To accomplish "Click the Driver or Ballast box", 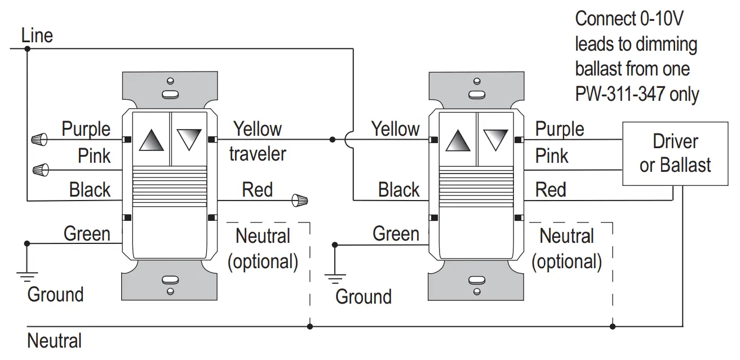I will pos(675,153).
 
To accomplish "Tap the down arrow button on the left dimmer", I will pos(188,138).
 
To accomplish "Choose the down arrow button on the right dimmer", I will pos(496,138).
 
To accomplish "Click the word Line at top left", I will pos(37,36).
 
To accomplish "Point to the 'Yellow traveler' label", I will pos(258,141).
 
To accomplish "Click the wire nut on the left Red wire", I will pos(300,200).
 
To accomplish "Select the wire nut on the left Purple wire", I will pos(38,139).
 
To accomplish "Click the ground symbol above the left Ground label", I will pos(26,275).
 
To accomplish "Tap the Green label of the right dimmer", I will pos(396,233).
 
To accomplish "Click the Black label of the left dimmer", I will pos(90,190).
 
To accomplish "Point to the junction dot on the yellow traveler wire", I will pos(332,139).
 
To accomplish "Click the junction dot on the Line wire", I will pos(26,49).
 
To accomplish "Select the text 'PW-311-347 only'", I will pos(637,94).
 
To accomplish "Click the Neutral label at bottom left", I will pos(54,341).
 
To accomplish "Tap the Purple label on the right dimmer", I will pos(559,128).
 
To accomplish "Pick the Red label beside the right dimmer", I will pos(550,190).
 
